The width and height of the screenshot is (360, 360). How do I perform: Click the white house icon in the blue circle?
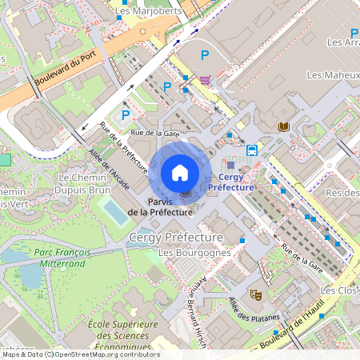(180, 172)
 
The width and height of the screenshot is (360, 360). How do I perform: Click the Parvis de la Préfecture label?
(170, 207)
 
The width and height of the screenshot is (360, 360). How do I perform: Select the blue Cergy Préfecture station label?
(230, 182)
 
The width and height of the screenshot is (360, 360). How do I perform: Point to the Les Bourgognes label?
(194, 253)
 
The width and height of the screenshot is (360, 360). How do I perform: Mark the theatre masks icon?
(257, 294)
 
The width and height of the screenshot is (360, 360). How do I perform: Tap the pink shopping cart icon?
(206, 80)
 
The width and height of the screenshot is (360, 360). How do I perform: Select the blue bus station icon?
(251, 150)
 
